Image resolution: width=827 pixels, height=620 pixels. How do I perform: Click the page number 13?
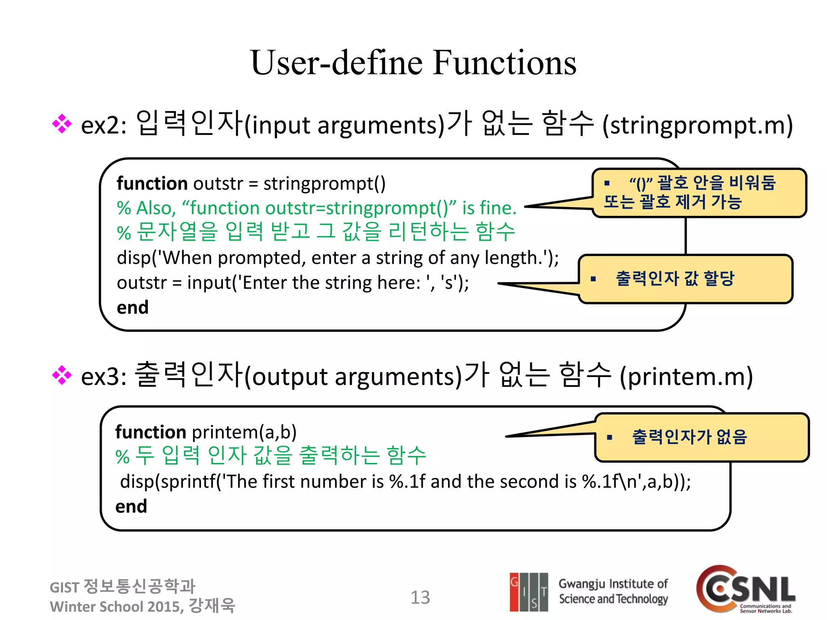coord(420,597)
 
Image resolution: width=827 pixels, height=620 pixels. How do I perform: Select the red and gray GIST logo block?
coord(529,592)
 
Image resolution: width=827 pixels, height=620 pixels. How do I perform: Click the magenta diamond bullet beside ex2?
coord(62,124)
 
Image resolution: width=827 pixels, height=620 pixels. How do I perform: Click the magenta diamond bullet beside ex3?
coord(62,375)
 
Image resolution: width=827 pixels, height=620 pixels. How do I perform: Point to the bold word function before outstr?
coord(152,184)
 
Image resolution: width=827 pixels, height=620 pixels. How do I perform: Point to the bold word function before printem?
coord(150,432)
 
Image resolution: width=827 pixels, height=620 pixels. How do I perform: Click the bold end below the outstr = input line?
coord(132,308)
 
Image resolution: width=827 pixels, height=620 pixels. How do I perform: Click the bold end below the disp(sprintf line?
coord(131,507)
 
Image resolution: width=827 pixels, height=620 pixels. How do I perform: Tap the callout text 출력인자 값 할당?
coord(674,279)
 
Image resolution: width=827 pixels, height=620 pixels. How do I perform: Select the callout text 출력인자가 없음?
coord(689,437)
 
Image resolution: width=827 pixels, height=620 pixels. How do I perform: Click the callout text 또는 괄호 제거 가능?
coord(672,201)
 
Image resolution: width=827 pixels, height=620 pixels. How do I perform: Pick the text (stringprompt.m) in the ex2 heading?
coord(697,125)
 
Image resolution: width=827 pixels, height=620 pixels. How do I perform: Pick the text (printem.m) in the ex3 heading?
coord(686,376)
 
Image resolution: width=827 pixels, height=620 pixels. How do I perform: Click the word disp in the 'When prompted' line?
coord(133,258)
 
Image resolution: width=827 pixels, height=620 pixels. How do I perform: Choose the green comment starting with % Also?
coord(316,208)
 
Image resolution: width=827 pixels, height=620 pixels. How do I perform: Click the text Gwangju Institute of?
coord(613,584)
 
